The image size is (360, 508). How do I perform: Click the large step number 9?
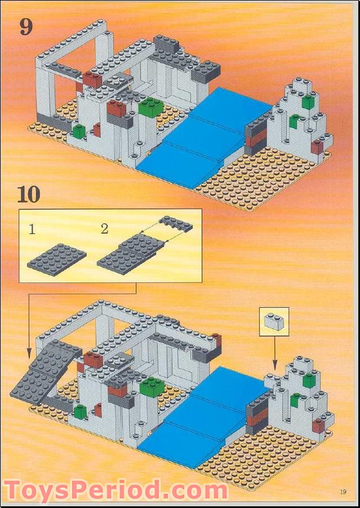26,26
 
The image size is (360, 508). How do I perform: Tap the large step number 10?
29,194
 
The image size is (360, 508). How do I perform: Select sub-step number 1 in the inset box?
33,229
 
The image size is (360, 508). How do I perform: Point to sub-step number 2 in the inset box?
104,229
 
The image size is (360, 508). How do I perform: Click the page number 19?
343,492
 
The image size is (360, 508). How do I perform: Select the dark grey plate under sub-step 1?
56,257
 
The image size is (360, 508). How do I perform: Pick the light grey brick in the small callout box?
274,321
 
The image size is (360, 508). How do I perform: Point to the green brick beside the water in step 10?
152,386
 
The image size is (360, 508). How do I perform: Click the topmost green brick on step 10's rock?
309,381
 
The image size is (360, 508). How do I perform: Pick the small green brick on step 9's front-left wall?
79,132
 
